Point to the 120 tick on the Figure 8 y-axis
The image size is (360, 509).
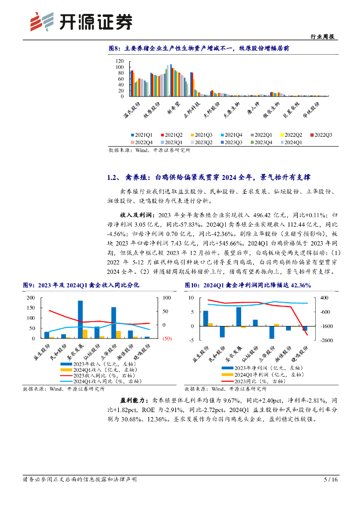coord(119,61)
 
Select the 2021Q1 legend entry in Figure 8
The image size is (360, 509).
coord(144,135)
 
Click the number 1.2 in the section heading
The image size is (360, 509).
coord(112,177)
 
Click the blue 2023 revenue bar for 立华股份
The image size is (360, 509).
coord(113,323)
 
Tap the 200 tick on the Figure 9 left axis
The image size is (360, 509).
coord(31,298)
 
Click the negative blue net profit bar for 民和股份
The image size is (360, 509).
coord(222,332)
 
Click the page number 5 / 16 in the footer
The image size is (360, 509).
coord(331,480)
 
